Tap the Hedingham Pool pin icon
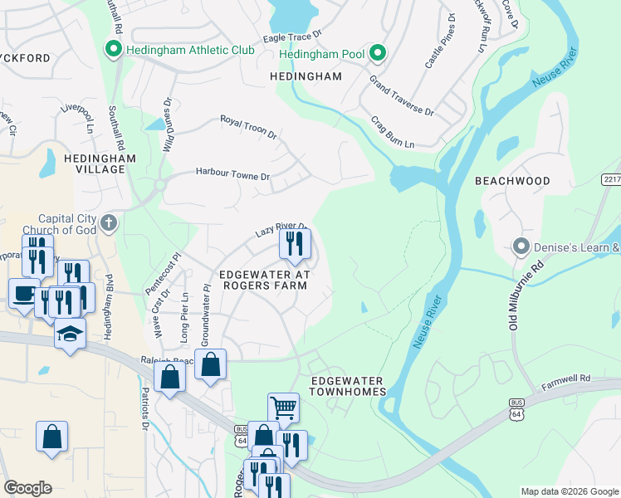tap(378, 55)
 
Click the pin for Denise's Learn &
tap(521, 247)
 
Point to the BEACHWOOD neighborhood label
tap(512, 180)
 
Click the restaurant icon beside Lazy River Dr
tap(296, 243)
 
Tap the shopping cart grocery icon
tap(283, 408)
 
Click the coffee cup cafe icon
tap(23, 293)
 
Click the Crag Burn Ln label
tap(392, 132)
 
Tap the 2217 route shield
tap(611, 179)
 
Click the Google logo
tap(27, 488)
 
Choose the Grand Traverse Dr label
tap(402, 96)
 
